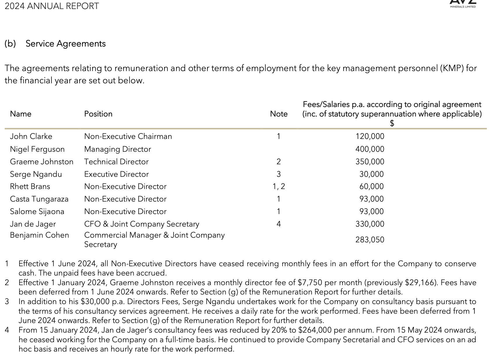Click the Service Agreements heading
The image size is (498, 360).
(66, 44)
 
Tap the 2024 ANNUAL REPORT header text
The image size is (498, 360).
(52, 6)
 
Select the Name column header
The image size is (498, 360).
(21, 114)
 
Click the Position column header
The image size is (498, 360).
(98, 114)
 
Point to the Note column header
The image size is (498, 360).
(279, 114)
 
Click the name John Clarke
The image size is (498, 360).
(31, 136)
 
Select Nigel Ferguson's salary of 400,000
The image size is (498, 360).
(370, 149)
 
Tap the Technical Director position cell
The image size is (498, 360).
(116, 162)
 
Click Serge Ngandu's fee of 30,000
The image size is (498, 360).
(372, 174)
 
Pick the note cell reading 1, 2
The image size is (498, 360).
(279, 186)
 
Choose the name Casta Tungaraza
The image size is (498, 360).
(39, 199)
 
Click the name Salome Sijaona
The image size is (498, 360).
(37, 211)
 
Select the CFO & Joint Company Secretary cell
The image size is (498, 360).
(142, 224)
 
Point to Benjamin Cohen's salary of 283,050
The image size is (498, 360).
(370, 240)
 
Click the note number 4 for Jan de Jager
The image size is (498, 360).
(279, 224)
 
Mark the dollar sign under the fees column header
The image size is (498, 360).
(392, 123)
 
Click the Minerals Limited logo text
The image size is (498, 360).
(463, 6)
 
